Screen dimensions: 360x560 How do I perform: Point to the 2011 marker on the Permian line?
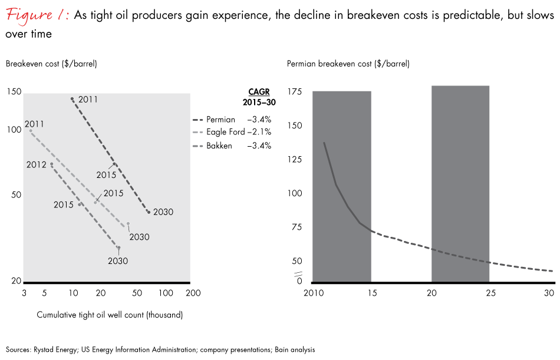pos(72,99)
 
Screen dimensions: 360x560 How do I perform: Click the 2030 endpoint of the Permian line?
pos(149,212)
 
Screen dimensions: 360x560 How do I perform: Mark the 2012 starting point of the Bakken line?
pos(52,164)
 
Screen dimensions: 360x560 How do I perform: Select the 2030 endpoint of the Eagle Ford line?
pos(128,224)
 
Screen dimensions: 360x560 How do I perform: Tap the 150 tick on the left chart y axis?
pos(14,92)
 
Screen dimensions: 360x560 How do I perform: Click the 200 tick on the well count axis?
pos(192,293)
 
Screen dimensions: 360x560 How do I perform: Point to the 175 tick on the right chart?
pos(295,92)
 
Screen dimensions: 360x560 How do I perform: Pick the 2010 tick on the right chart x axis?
pos(312,293)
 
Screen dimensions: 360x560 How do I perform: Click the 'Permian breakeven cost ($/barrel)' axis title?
pos(347,64)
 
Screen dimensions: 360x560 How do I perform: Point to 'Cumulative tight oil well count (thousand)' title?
pos(110,315)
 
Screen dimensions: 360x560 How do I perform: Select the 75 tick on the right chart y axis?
pos(297,227)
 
